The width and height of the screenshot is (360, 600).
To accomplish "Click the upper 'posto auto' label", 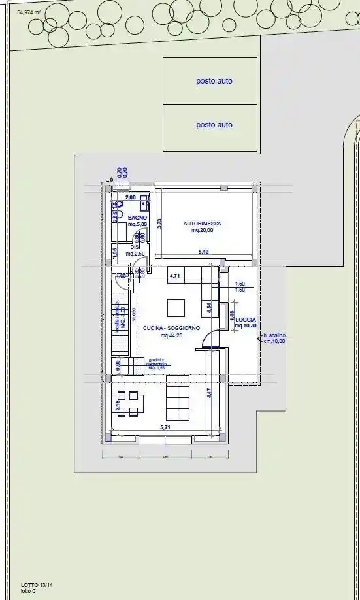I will [x=214, y=82].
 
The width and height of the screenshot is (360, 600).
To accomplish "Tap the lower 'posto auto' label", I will [x=214, y=125].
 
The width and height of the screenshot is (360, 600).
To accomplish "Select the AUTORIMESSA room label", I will [x=202, y=224].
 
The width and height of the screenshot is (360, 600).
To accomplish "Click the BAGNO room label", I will [x=137, y=218].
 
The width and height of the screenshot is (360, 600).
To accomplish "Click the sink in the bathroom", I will [x=143, y=201].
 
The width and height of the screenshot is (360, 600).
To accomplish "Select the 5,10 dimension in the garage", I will [x=205, y=252].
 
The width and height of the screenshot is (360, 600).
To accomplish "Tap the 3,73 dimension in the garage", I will [x=159, y=223].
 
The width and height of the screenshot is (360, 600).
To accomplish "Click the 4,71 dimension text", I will [x=175, y=276].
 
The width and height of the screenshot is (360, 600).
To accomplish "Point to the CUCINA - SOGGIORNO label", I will [x=172, y=328].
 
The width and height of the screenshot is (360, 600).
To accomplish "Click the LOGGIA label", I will [x=246, y=320].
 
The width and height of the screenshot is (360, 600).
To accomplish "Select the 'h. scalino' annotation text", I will [x=274, y=336].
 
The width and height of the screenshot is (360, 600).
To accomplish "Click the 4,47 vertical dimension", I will [x=208, y=392].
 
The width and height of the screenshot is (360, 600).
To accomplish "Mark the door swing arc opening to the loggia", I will [x=210, y=337].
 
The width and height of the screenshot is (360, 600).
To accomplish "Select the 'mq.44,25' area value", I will [x=172, y=335].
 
